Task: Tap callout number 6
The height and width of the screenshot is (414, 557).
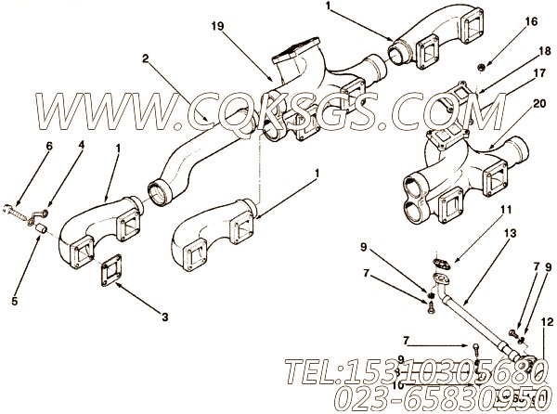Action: point(49,147)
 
